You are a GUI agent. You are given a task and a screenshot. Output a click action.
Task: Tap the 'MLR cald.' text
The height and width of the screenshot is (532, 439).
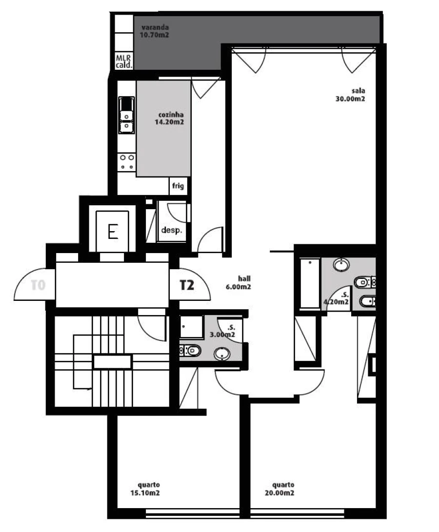coord(123,61)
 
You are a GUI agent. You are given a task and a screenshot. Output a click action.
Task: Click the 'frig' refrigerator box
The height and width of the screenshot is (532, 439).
coord(178,186)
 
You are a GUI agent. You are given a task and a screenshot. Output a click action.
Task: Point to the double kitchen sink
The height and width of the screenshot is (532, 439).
coord(126,116)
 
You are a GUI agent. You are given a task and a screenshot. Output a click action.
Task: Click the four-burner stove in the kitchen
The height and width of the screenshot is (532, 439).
coord(127,162)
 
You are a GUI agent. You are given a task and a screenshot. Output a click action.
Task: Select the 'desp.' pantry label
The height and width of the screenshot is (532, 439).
coord(172,231)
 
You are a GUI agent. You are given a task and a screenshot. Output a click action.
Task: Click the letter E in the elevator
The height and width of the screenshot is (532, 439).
coord(113,232)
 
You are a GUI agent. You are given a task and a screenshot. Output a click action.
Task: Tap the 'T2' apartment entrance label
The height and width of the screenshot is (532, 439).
coord(187,285)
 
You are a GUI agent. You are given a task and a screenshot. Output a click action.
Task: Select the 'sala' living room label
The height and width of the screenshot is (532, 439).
coord(358,91)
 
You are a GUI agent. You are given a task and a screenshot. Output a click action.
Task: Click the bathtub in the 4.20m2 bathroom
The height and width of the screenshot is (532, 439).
coord(309,284)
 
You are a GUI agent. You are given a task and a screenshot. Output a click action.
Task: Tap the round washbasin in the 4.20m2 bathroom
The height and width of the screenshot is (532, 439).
coord(341,265)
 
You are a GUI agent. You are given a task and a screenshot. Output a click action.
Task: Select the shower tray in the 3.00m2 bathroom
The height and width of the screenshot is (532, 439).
coord(191,326)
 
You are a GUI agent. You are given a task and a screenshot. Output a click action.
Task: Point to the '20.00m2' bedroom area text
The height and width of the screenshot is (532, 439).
coord(283,493)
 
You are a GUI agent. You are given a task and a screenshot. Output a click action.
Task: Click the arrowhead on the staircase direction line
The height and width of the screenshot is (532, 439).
coord(90,389)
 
